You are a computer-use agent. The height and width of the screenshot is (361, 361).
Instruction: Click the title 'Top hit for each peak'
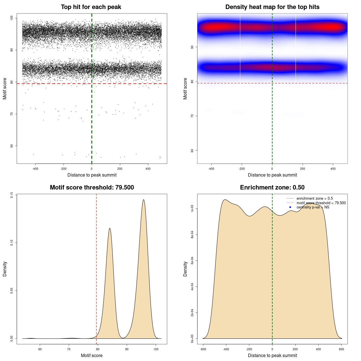[91, 7]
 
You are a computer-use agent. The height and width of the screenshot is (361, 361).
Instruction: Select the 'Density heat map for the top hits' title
[272, 7]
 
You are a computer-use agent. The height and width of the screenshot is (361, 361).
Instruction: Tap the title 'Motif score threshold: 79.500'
[92, 188]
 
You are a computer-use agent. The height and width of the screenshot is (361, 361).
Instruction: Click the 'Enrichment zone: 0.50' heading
[272, 188]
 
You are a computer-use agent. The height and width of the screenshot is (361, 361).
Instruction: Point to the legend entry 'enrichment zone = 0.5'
[314, 199]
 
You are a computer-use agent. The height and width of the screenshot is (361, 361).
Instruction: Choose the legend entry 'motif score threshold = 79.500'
[321, 203]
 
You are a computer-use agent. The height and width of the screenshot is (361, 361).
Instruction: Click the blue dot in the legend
[290, 207]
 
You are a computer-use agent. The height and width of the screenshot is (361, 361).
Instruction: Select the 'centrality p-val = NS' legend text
[313, 207]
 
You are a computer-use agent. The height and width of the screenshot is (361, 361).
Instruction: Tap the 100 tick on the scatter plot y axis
[12, 18]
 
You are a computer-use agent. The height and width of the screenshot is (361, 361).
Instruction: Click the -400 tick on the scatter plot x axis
[35, 169]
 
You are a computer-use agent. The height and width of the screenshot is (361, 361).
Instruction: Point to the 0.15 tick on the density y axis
[12, 195]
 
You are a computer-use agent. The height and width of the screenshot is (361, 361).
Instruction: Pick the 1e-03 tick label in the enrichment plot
[192, 209]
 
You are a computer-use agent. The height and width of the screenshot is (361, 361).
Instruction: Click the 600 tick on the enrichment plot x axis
[342, 349]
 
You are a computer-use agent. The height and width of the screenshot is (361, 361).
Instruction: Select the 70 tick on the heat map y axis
[192, 116]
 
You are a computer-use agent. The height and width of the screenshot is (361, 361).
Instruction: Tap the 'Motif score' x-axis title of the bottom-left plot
[92, 355]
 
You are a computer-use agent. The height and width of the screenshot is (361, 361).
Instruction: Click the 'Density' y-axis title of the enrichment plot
[185, 269]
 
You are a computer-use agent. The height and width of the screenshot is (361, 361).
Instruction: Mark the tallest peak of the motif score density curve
[144, 200]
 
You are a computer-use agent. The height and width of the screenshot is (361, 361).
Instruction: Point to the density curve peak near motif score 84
[109, 228]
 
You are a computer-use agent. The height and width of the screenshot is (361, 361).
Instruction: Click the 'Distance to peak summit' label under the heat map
[272, 175]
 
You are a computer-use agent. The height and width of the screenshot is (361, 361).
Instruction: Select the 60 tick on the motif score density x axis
[40, 349]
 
